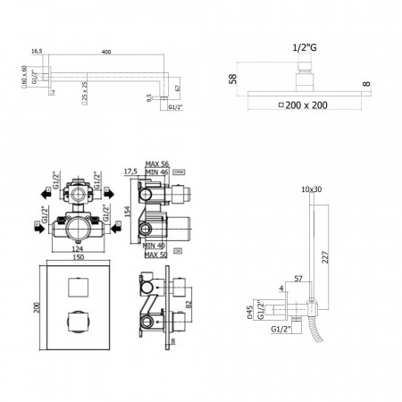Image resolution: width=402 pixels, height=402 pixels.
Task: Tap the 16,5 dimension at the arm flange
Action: click(x=36, y=53)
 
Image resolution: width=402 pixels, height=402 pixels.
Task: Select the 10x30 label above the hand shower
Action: click(x=312, y=188)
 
